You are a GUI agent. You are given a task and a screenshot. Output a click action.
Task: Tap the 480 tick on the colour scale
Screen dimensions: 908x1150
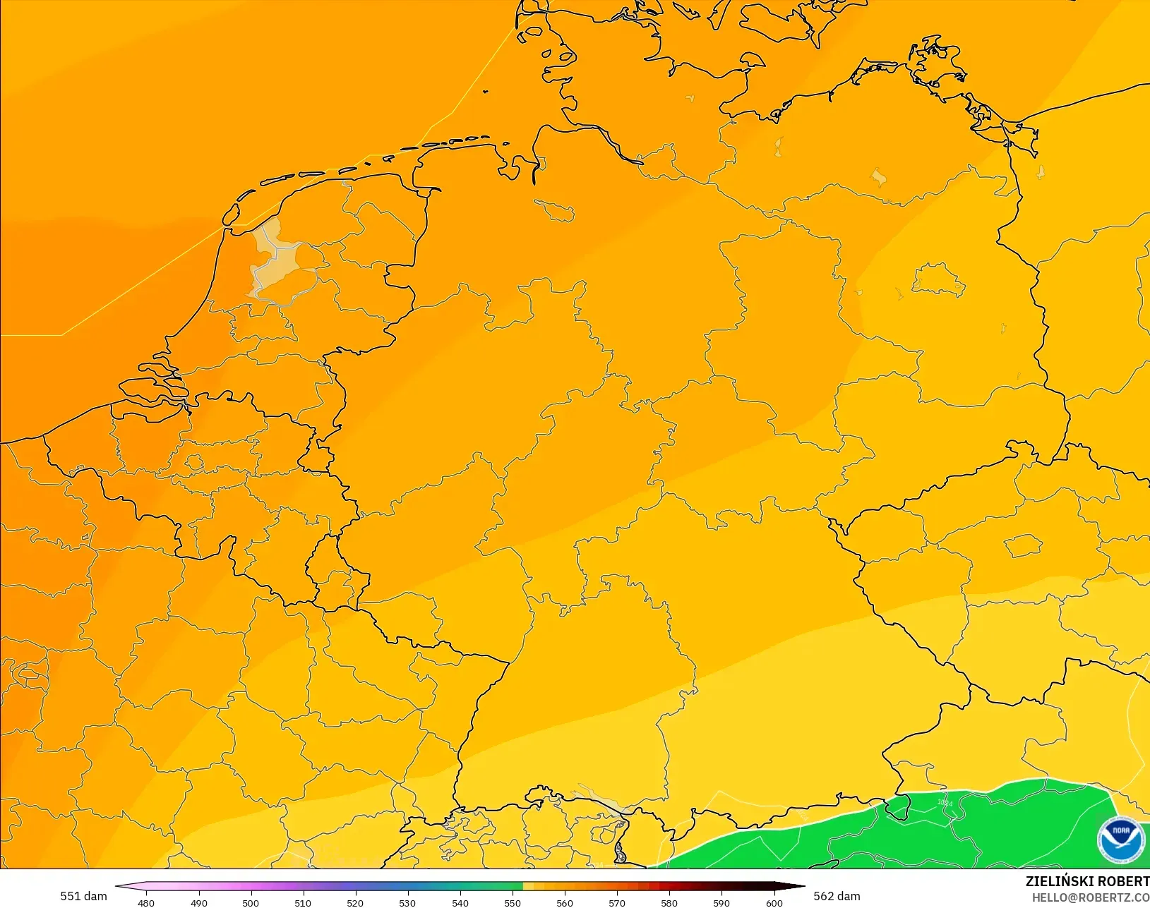(x=146, y=902)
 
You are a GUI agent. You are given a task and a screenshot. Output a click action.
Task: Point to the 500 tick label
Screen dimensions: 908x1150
(x=251, y=902)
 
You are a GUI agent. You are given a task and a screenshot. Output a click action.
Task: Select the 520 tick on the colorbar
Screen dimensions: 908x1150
(x=355, y=902)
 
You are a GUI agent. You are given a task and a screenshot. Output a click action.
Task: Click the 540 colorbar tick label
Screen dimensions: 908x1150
(x=460, y=902)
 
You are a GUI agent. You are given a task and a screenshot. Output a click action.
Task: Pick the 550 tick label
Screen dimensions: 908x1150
(x=513, y=902)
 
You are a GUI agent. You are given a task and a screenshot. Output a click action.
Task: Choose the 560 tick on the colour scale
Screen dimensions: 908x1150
(x=565, y=902)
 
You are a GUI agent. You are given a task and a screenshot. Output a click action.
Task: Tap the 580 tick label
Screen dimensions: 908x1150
(x=669, y=902)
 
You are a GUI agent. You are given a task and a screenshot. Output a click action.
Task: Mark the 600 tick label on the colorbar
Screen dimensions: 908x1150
(x=774, y=902)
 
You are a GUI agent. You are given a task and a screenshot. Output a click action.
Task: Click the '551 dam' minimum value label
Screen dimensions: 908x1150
(x=83, y=896)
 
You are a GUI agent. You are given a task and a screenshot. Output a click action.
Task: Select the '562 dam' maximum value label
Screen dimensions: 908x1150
(x=837, y=896)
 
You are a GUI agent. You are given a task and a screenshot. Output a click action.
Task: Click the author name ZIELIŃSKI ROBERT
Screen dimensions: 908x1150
(x=1087, y=881)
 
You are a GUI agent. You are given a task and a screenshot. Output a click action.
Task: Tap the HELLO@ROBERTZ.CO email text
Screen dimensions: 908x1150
(x=1091, y=897)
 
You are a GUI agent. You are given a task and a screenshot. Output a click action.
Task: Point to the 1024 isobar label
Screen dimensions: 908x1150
(x=945, y=803)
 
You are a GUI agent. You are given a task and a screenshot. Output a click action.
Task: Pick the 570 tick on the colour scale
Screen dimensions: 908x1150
(x=617, y=902)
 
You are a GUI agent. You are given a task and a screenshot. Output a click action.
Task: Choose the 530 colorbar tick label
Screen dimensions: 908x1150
(x=407, y=902)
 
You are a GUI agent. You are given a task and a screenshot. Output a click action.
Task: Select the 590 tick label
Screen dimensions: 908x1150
(x=721, y=902)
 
